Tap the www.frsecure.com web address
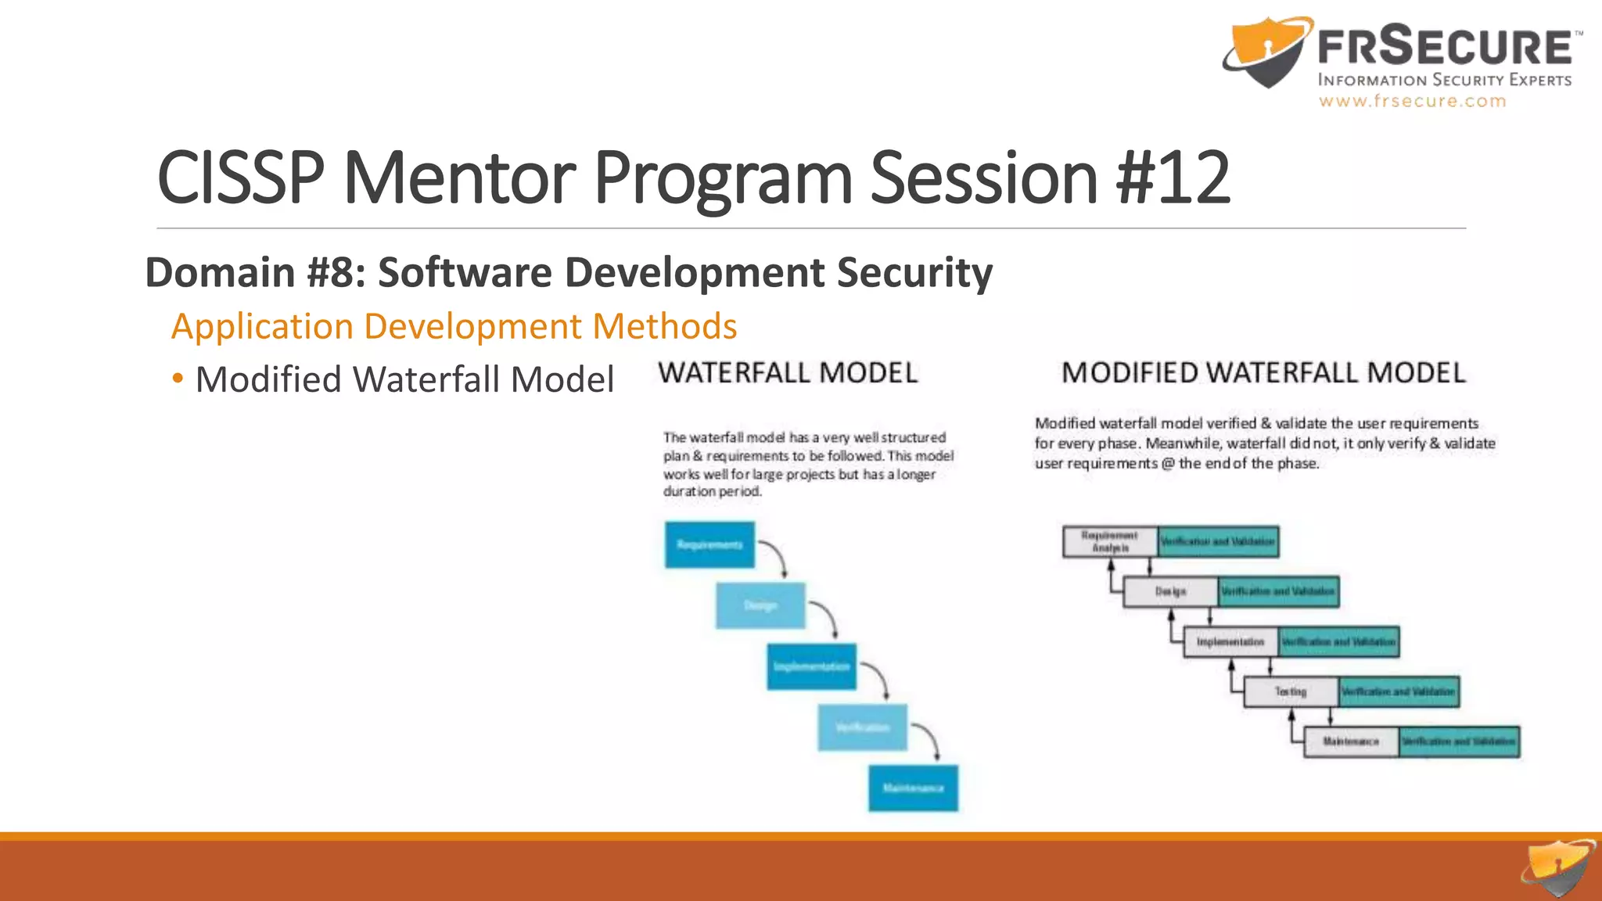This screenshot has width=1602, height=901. (1412, 101)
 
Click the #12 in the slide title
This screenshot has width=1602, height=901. (1173, 178)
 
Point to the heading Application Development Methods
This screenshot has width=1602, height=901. (454, 326)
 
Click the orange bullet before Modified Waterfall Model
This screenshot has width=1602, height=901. (178, 379)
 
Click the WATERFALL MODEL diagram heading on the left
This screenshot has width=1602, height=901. (788, 373)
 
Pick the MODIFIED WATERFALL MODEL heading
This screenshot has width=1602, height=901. (1263, 373)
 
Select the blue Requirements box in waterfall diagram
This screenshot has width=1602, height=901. (709, 544)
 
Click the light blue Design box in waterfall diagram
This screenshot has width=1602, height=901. (760, 605)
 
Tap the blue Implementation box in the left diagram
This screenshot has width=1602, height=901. (811, 666)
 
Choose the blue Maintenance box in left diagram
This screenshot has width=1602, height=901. (913, 788)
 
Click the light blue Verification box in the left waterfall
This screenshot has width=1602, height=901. (863, 727)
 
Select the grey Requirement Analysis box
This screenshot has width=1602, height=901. (1110, 541)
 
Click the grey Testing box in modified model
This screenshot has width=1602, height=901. (1291, 691)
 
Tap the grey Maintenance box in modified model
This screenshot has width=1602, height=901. (1351, 741)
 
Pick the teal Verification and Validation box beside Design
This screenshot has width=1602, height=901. (1278, 591)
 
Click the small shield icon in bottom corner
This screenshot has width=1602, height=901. (1557, 868)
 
